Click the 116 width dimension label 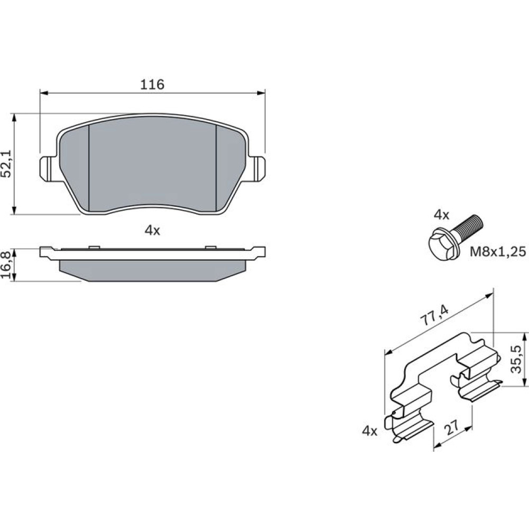(152, 84)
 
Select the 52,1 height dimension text (7, 164)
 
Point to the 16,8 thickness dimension (6, 264)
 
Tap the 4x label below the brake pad (152, 231)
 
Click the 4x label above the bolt (441, 215)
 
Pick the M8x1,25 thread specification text (498, 251)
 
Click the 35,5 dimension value (516, 359)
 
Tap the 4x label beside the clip (369, 431)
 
